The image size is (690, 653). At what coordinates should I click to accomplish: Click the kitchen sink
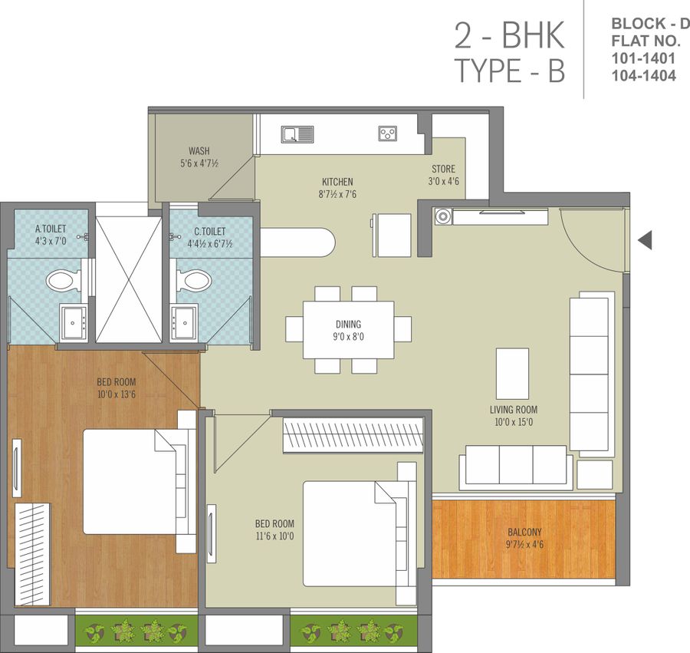pos(297,134)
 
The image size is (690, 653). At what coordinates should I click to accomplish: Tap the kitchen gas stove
pos(387,134)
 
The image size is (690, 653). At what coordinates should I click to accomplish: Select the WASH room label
pos(199,151)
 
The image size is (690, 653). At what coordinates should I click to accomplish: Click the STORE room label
pos(443,169)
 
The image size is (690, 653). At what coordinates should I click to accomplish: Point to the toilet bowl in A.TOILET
pos(63,281)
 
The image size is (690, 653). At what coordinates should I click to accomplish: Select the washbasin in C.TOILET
pos(184,323)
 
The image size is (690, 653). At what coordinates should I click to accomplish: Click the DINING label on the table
pos(348,325)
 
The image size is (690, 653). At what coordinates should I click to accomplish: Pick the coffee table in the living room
pos(512,374)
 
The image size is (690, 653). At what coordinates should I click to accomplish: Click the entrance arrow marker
pos(645,240)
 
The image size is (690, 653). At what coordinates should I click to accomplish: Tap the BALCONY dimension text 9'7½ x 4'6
pos(524,545)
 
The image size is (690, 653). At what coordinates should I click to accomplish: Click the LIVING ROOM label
pos(514,410)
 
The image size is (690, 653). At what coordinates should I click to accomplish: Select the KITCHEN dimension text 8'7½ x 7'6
pos(337,194)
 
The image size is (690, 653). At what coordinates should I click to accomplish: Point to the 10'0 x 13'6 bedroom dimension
pos(117,394)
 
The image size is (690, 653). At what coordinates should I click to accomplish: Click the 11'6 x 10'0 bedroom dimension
pos(274,536)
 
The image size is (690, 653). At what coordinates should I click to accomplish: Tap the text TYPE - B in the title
pos(510,71)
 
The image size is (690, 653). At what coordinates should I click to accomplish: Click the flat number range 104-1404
pos(643,75)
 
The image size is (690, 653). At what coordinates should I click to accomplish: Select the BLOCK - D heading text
pos(650,23)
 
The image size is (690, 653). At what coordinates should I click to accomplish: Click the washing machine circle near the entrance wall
pos(442,216)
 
